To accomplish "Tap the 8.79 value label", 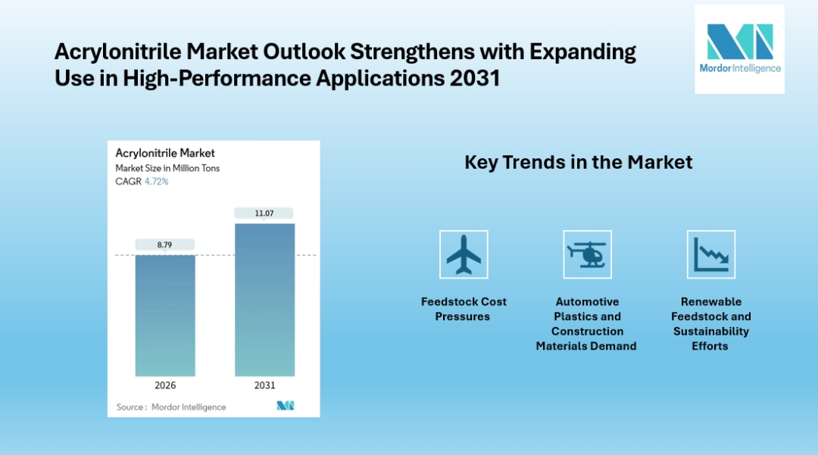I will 165,245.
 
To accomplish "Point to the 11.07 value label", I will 264,213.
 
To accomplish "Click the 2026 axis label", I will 165,385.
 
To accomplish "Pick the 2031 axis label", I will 264,385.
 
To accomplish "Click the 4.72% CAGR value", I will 157,182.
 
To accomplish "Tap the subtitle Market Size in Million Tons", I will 167,168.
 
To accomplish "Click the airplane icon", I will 464,254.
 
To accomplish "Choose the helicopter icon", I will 587,254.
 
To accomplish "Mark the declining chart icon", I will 710,254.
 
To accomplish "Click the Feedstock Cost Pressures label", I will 464,309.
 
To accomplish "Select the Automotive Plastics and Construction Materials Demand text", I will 586,323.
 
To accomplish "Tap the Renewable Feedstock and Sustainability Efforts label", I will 710,323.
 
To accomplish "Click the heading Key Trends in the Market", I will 578,162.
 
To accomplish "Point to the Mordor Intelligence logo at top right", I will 739,48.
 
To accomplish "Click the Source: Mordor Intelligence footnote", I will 171,407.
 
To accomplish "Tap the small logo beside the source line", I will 285,407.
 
